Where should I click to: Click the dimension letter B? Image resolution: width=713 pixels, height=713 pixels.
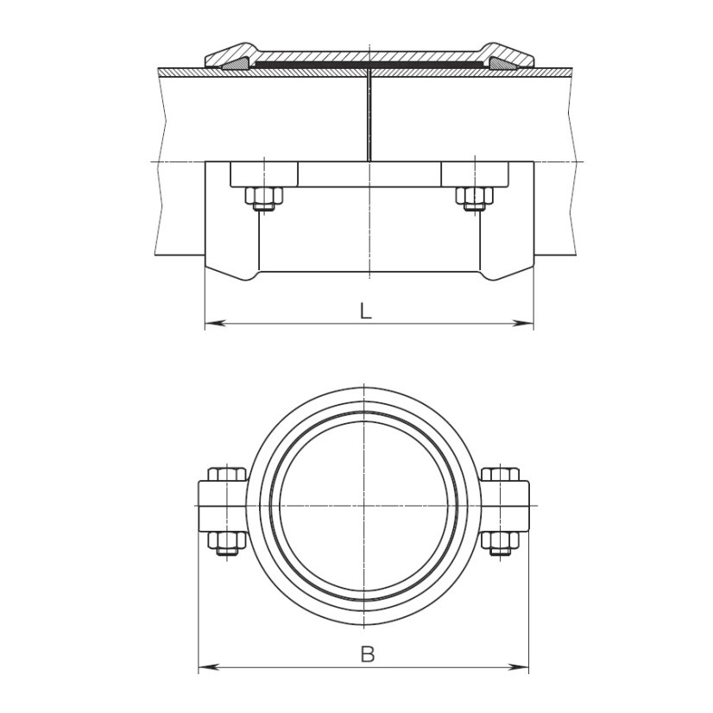367,654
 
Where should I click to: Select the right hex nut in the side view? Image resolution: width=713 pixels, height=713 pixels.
473,199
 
